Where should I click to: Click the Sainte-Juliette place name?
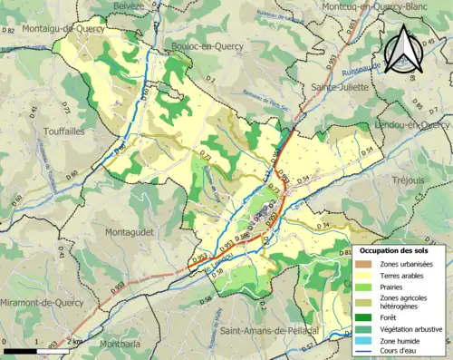click(340, 88)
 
